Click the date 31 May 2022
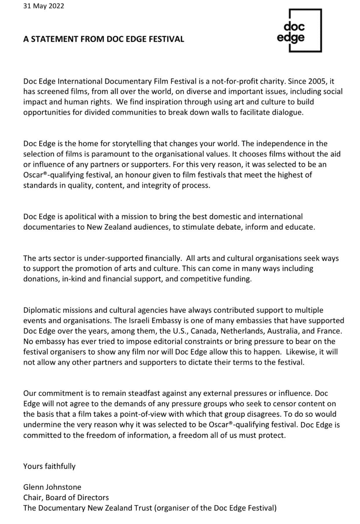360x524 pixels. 44,6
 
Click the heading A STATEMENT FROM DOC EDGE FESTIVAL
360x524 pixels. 103,39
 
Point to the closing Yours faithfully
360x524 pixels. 49,466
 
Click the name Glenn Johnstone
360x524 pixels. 52,487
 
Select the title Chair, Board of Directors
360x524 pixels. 66,497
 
